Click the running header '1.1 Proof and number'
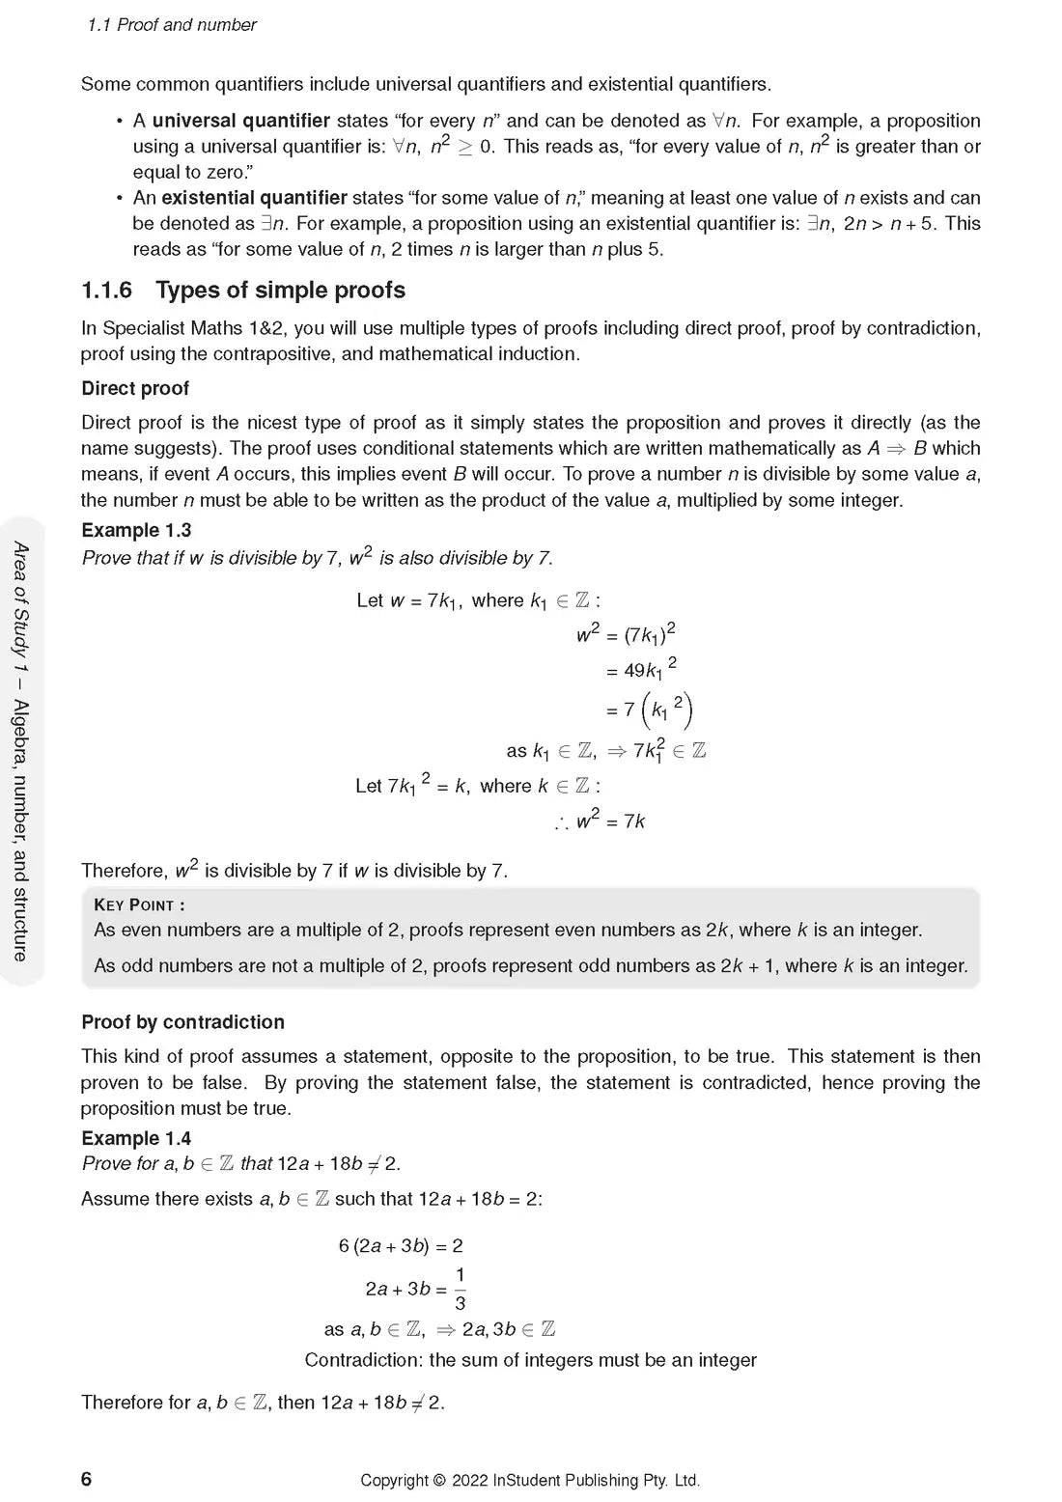click(x=172, y=25)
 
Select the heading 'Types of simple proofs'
click(x=280, y=291)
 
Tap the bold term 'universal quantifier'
click(x=240, y=121)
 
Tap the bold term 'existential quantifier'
click(x=254, y=198)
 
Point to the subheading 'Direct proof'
click(x=135, y=388)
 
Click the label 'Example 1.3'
click(x=136, y=530)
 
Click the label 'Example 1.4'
click(x=136, y=1138)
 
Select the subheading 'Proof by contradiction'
click(x=182, y=1022)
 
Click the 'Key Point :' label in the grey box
click(x=139, y=904)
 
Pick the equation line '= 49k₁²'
click(x=641, y=669)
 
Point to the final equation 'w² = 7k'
click(x=610, y=821)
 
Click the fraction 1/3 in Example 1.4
click(x=460, y=1290)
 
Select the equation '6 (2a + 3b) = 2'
click(x=401, y=1246)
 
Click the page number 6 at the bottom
click(x=87, y=1479)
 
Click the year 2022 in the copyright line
click(x=469, y=1480)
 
